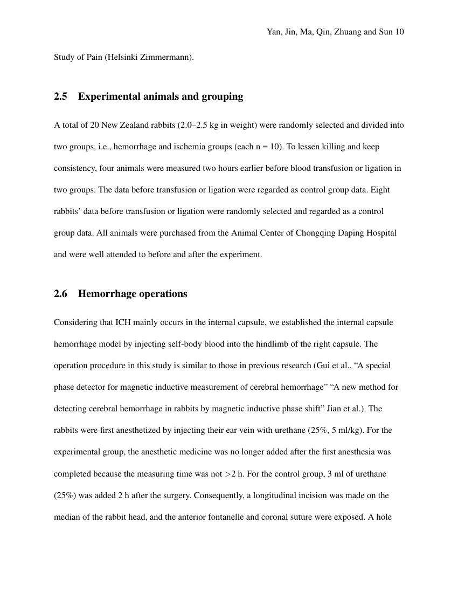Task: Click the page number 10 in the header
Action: coord(399,32)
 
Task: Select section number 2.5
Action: coord(60,96)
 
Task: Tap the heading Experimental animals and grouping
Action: coord(161,96)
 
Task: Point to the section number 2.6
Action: coord(60,294)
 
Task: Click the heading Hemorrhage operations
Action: coord(133,294)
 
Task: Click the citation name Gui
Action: coord(320,366)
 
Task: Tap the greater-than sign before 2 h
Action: coord(227,474)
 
